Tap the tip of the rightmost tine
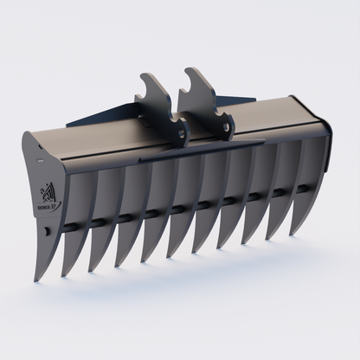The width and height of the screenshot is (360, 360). (x=290, y=231)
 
